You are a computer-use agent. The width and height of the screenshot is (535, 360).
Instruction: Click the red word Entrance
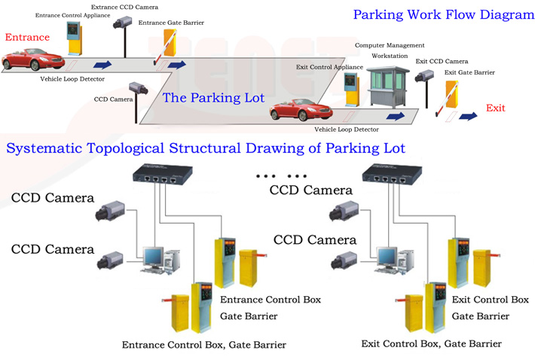click(x=27, y=38)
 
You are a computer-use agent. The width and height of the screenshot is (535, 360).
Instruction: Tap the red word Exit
click(x=495, y=108)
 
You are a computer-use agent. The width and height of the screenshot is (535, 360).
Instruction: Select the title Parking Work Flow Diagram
click(x=443, y=15)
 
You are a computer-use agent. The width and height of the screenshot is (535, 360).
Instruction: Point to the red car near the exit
click(x=301, y=111)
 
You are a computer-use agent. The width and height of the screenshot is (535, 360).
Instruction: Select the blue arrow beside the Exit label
click(x=469, y=116)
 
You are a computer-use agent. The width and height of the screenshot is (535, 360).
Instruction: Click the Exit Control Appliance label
click(x=329, y=67)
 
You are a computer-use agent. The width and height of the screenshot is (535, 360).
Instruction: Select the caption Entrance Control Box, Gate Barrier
click(x=203, y=345)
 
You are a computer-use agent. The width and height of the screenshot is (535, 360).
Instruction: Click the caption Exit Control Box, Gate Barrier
click(x=430, y=344)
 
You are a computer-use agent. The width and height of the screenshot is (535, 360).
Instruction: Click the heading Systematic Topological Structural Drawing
click(x=206, y=148)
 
